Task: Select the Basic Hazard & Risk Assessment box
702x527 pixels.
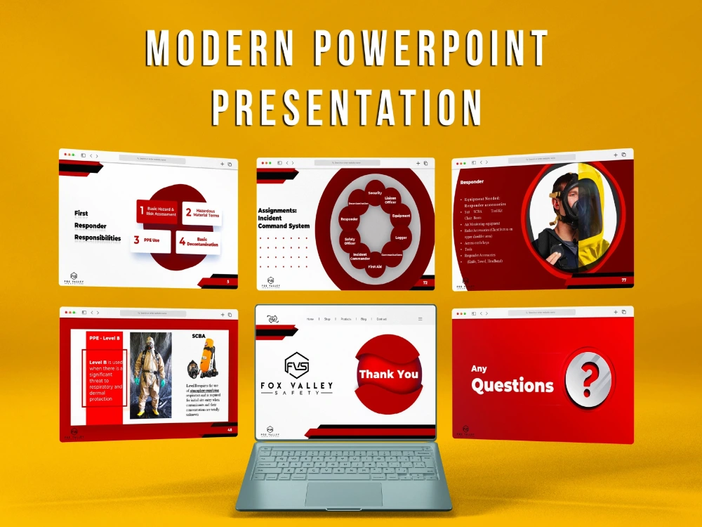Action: (158, 210)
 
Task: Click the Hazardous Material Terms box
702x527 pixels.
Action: (202, 214)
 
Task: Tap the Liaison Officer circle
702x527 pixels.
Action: (391, 201)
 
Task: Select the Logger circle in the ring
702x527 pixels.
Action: (401, 238)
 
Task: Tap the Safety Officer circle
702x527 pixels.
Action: (350, 241)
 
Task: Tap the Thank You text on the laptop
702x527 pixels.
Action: (389, 374)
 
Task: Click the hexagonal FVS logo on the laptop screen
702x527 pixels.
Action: (296, 365)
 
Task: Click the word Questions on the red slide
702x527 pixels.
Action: (512, 385)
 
